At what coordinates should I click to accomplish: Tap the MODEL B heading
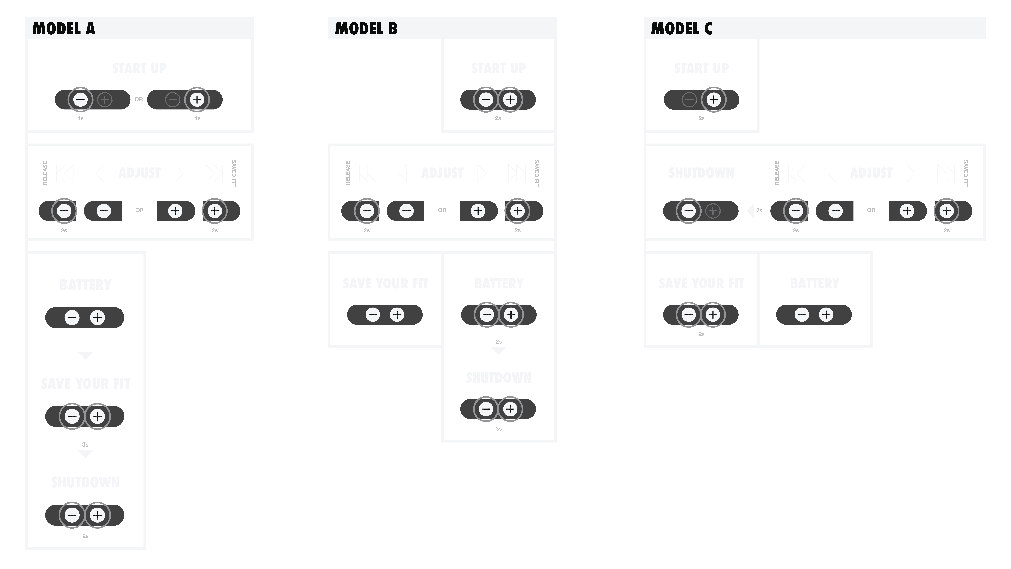pos(366,29)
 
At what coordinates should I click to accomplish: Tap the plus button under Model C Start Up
pos(714,99)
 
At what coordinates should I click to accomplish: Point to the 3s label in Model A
pos(85,444)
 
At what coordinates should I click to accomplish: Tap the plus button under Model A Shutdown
pos(97,515)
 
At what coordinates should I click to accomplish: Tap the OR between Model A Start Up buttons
pos(138,99)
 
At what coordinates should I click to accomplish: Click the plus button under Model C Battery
pos(826,315)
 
